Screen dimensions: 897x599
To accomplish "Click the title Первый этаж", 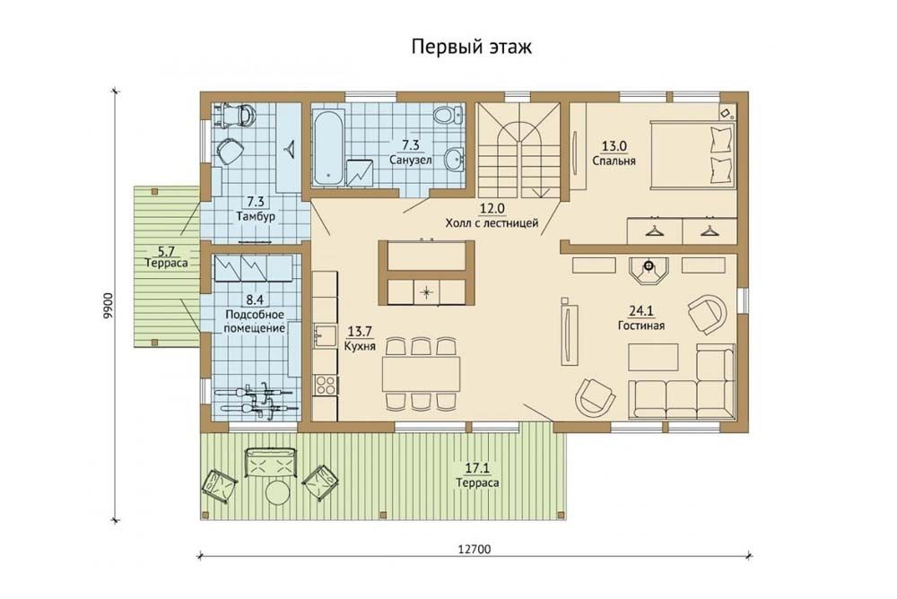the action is (x=472, y=47).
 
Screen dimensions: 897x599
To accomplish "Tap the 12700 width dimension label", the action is (x=475, y=549).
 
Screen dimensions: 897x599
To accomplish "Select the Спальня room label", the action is (x=614, y=161).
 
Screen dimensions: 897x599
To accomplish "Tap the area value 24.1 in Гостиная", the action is (x=640, y=311).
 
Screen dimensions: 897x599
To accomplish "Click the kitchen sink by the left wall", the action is (x=326, y=336).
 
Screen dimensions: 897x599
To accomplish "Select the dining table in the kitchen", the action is (x=422, y=373).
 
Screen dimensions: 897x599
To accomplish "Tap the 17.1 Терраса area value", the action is (x=476, y=469).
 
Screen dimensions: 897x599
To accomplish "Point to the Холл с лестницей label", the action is (x=492, y=223).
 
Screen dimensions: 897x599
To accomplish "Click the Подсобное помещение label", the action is (x=255, y=322).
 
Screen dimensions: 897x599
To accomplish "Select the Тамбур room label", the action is (x=255, y=216).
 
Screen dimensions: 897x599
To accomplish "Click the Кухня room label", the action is (x=361, y=346).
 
